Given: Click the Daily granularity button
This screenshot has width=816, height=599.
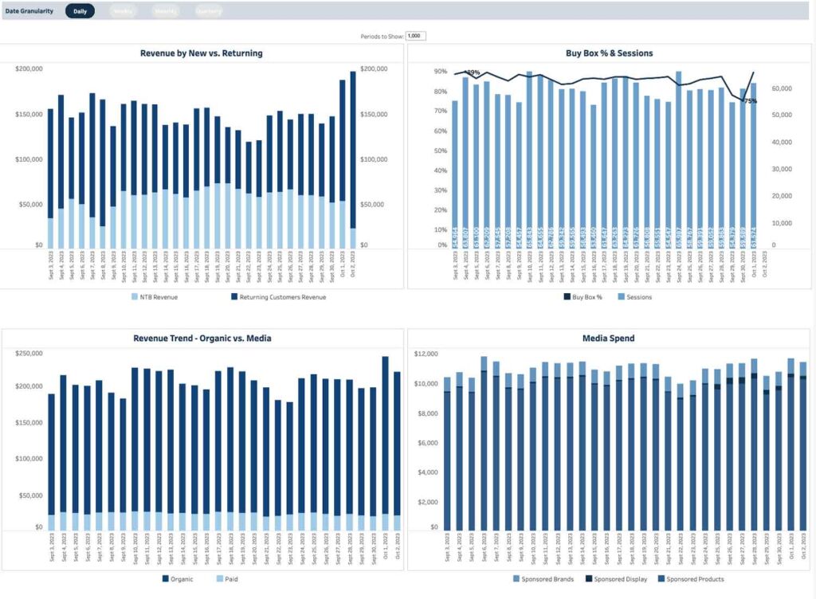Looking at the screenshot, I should [80, 11].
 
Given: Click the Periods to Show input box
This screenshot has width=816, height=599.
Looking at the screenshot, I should [416, 36].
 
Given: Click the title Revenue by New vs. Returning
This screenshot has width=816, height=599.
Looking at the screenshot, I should [201, 53].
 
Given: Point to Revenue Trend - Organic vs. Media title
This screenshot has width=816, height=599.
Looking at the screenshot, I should [202, 339].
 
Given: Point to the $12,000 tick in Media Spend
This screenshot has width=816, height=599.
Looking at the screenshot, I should [427, 354].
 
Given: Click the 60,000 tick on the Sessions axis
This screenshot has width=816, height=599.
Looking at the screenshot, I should [781, 88].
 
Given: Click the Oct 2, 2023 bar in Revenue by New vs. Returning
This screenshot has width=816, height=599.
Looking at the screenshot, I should [353, 159].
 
